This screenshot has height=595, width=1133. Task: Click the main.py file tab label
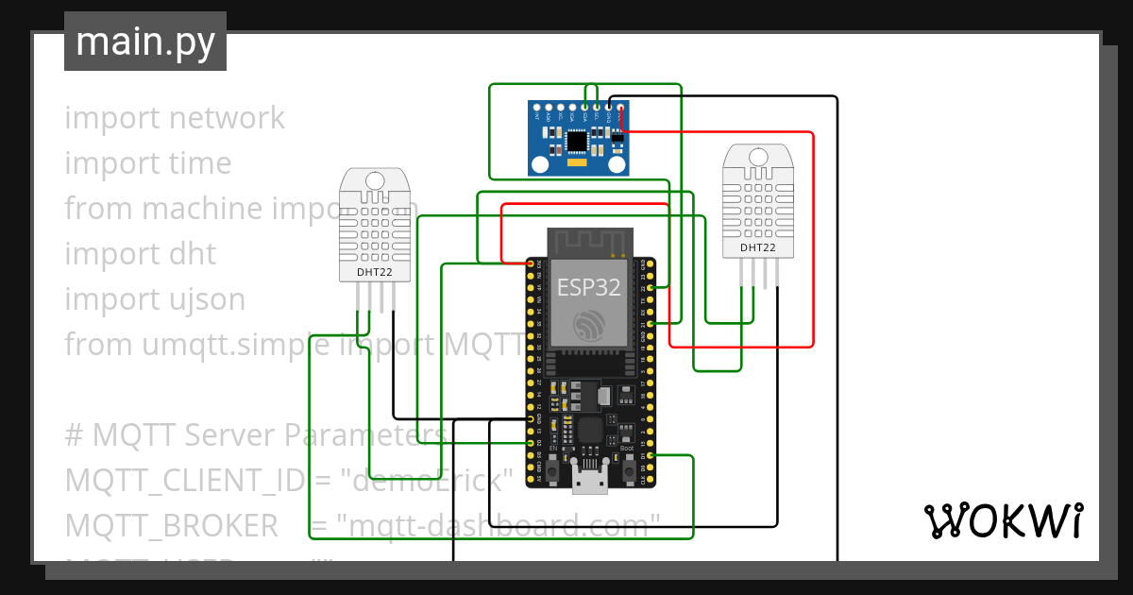[144, 42]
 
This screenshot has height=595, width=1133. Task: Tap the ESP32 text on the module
[589, 287]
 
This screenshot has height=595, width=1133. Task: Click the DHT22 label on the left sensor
[374, 273]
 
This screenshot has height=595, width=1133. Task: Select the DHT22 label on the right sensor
[758, 247]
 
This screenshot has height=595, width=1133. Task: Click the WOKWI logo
[1003, 520]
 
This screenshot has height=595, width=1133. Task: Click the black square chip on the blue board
[576, 141]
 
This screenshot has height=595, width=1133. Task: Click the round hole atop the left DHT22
[375, 180]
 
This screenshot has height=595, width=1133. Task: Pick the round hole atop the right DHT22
[758, 156]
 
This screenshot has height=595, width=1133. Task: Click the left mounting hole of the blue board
[539, 165]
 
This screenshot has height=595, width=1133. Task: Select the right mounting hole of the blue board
[618, 165]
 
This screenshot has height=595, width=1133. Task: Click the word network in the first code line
[227, 118]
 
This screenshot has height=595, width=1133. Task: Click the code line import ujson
[155, 299]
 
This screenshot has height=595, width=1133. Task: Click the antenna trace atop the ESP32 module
[589, 241]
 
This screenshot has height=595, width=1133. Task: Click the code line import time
[148, 163]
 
